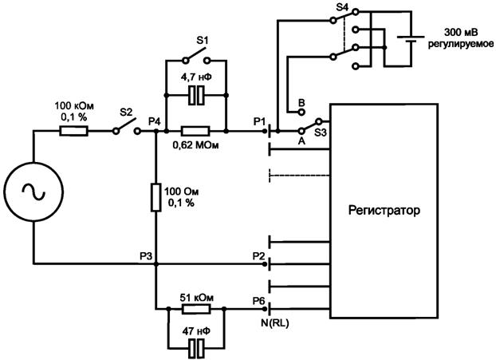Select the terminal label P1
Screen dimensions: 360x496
(258, 121)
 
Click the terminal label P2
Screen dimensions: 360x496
(258, 255)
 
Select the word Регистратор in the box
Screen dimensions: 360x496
(384, 211)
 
